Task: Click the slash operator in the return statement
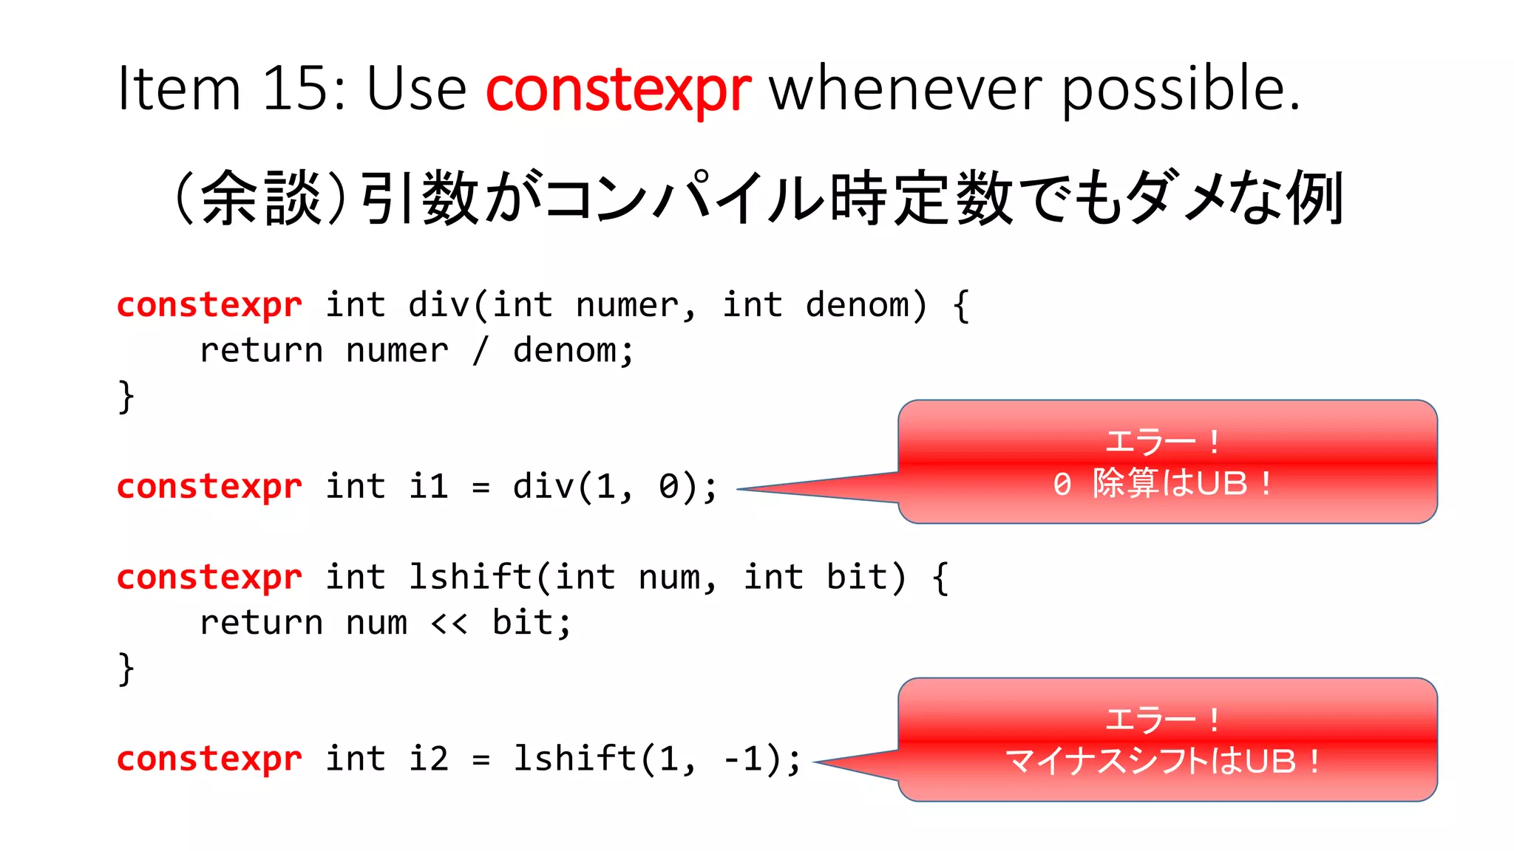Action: [x=481, y=350]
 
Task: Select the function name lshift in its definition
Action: [x=470, y=578]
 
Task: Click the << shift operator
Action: [x=449, y=623]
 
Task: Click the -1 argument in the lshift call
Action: [x=742, y=759]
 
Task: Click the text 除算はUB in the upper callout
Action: [x=1170, y=484]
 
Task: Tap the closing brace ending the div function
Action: [x=126, y=397]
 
